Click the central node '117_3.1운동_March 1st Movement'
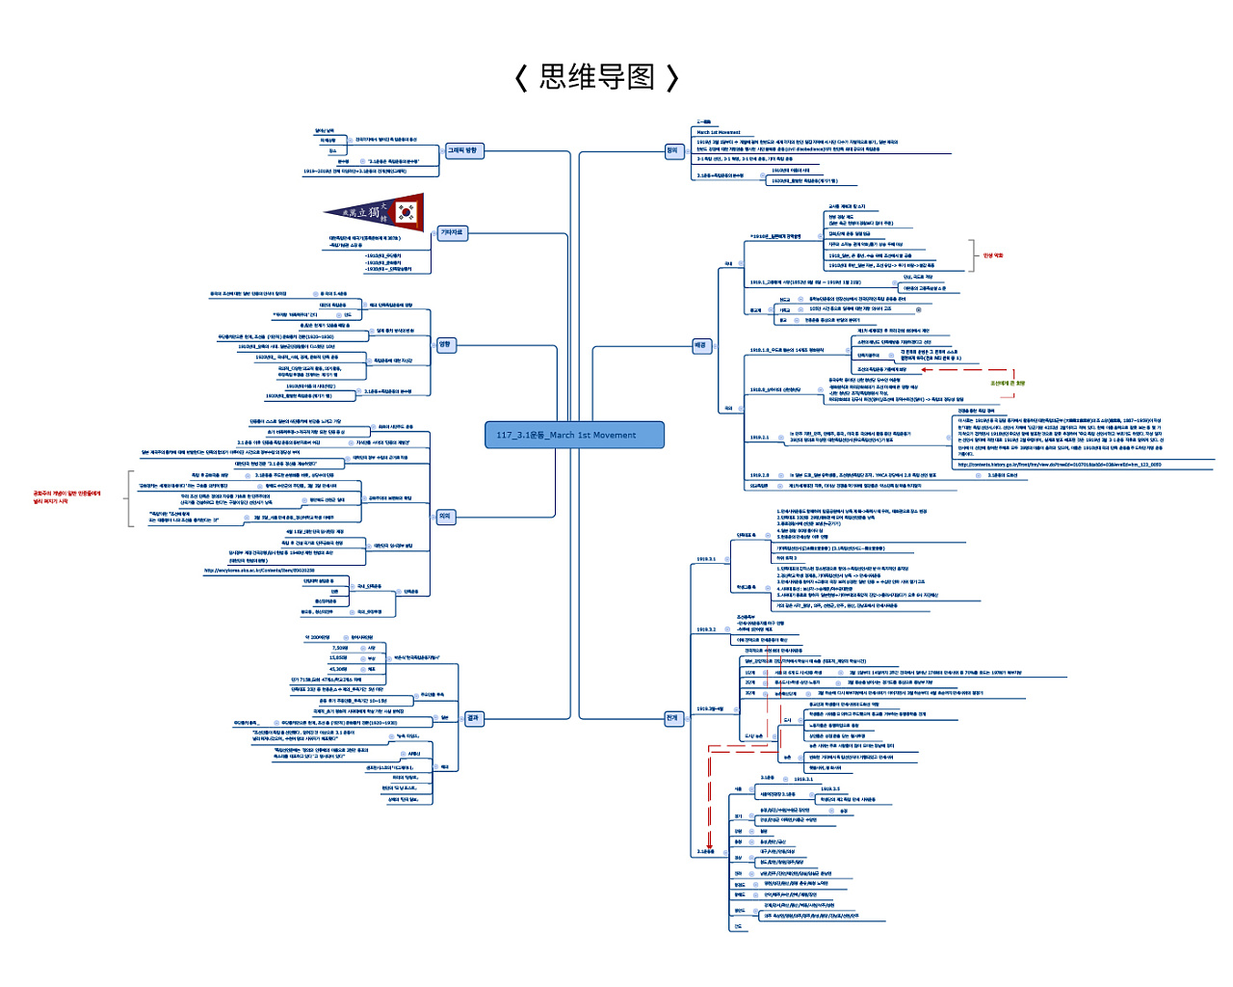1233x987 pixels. pos(574,435)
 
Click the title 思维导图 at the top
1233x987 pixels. pos(597,77)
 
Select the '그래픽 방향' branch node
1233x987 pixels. pos(462,150)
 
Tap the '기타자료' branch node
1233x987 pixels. pos(452,232)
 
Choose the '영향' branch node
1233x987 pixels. pos(445,344)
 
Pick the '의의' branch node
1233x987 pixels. pos(445,517)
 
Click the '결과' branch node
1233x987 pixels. pos(473,718)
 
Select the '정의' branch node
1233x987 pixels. pos(672,150)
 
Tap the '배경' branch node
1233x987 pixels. pos(700,345)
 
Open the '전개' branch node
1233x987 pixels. pos(672,718)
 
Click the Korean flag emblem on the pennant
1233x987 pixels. pos(407,213)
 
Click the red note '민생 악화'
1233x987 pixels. pos(993,255)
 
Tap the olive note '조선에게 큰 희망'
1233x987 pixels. pos(1008,383)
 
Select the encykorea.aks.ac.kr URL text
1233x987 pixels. pos(259,571)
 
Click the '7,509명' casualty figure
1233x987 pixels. pos(340,648)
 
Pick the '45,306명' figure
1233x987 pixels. pos(338,669)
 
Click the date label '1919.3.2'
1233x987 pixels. pos(706,629)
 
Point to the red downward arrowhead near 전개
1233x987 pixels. pos(710,845)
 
